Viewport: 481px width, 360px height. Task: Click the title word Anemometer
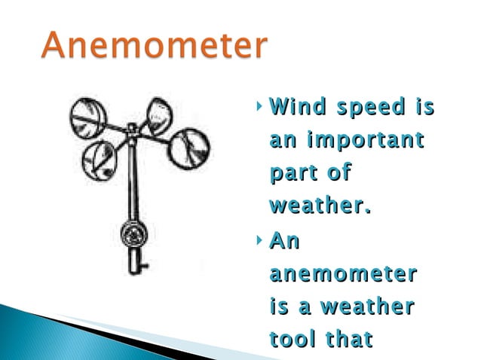(x=155, y=46)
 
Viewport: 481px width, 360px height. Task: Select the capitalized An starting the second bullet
(x=284, y=241)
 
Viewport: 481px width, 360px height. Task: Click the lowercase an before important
(x=282, y=141)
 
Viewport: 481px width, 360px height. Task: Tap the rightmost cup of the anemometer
(x=188, y=148)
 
